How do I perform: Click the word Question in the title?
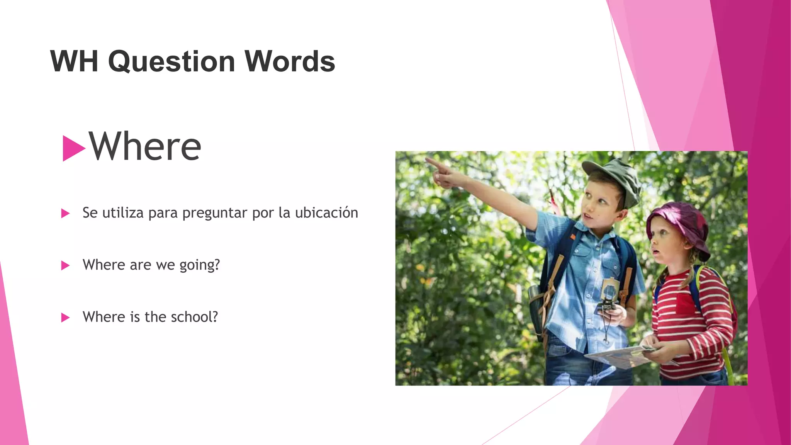click(171, 62)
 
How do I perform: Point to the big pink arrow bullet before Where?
click(73, 148)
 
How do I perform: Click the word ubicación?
click(326, 213)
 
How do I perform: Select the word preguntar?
click(214, 213)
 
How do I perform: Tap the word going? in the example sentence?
click(199, 265)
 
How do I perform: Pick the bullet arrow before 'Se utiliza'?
click(65, 213)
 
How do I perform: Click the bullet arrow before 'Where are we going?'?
click(65, 265)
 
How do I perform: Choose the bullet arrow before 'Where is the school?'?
click(65, 318)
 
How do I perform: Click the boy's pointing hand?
click(440, 172)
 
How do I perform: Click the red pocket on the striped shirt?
click(685, 303)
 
